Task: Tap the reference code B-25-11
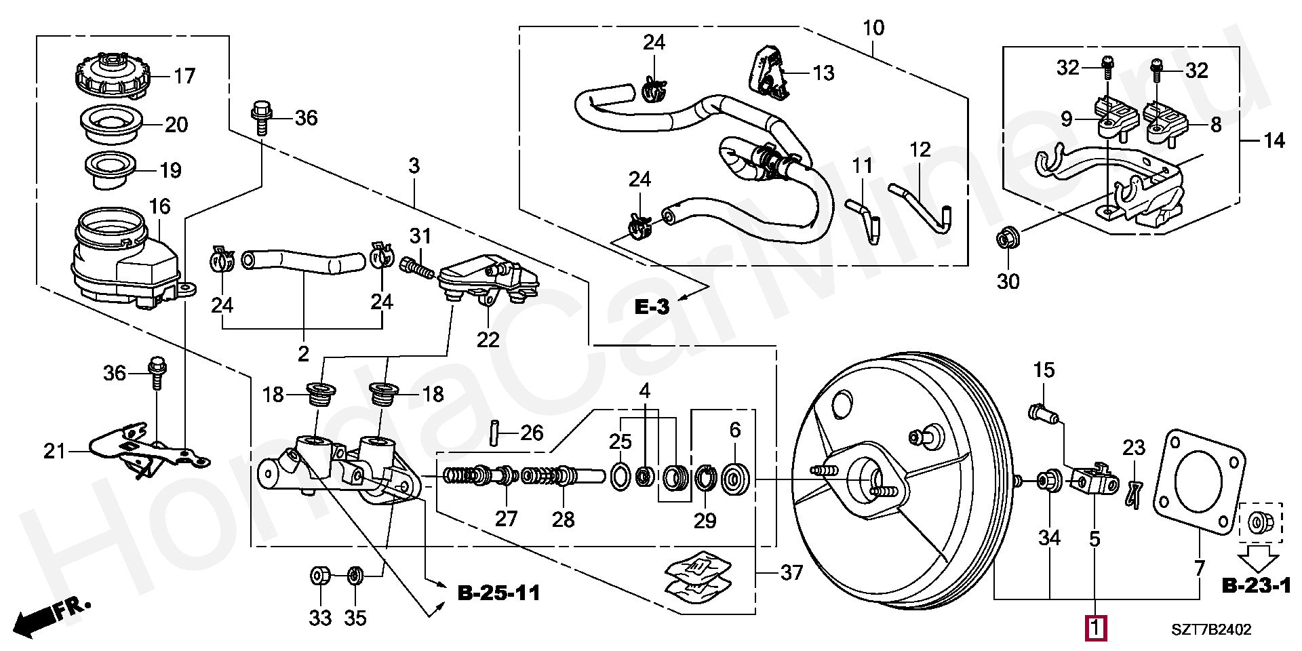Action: [x=499, y=593]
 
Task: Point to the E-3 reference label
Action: [x=652, y=307]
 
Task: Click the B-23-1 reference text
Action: [x=1257, y=586]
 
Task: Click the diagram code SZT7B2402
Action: [x=1211, y=629]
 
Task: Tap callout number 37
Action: [x=791, y=573]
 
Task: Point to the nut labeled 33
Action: [x=319, y=577]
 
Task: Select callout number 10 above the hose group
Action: [x=873, y=28]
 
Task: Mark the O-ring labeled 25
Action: [x=620, y=477]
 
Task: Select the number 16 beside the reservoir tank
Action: [x=159, y=206]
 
